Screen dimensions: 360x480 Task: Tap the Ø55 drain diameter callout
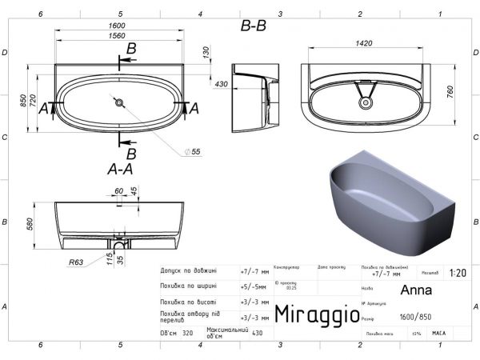(192, 151)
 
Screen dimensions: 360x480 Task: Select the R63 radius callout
(77, 262)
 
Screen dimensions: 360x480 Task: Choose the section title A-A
(119, 170)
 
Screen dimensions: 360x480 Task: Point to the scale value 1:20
(459, 274)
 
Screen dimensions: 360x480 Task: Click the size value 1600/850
(416, 315)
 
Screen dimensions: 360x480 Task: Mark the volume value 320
(188, 332)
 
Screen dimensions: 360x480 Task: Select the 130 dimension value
(206, 52)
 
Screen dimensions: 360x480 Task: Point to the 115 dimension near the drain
(110, 256)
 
